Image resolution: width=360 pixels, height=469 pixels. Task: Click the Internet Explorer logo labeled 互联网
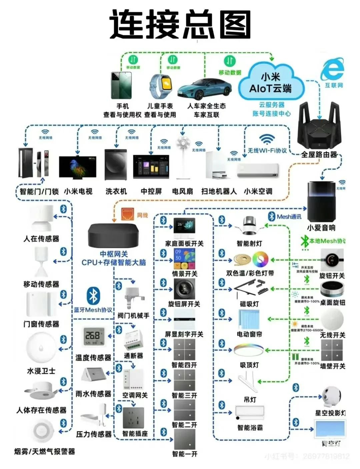(332, 69)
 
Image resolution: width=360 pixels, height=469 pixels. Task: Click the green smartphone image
(121, 85)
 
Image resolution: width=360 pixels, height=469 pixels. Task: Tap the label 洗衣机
(116, 191)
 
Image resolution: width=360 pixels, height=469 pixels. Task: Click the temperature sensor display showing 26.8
(93, 337)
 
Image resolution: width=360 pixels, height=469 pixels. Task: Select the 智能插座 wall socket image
(134, 418)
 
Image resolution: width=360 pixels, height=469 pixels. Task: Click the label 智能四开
(184, 365)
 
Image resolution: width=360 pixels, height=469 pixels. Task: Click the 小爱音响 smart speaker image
(321, 201)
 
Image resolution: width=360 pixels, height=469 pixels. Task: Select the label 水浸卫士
(41, 371)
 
